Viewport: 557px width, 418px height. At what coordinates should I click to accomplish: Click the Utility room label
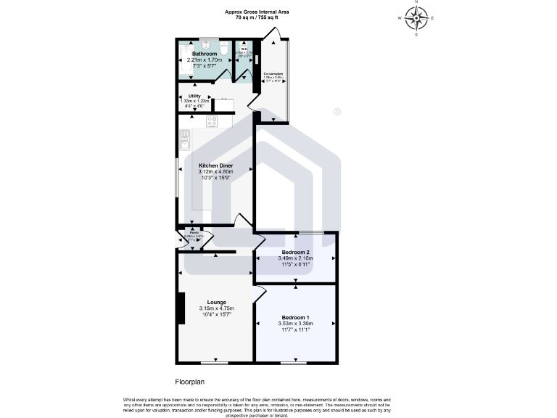click(x=194, y=96)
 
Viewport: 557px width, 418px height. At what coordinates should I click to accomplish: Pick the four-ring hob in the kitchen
click(x=212, y=121)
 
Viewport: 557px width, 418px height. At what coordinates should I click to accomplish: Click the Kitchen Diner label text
click(x=215, y=165)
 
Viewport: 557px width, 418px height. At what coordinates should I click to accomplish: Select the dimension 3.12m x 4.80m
click(x=215, y=172)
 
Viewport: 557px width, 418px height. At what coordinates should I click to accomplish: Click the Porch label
click(x=194, y=233)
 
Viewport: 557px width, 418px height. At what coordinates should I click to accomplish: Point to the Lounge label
click(x=216, y=302)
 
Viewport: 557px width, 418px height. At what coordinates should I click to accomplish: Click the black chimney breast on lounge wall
click(x=180, y=308)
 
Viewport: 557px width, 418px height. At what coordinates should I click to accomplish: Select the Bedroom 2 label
click(x=294, y=252)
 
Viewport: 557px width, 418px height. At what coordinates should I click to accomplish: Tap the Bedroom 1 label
click(x=295, y=318)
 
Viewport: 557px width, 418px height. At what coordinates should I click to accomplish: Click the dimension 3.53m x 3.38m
click(x=295, y=324)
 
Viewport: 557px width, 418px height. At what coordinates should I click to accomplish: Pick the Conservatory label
click(x=273, y=73)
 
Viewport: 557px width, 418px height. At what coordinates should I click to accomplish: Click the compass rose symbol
click(x=416, y=18)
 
